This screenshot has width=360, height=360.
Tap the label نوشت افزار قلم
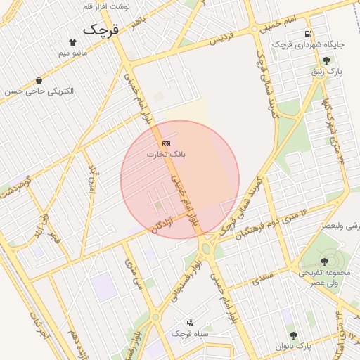pyautogui.click(x=106, y=6)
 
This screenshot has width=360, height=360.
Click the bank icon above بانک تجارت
pyautogui.click(x=166, y=143)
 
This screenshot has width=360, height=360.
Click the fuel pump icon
pyautogui.click(x=308, y=34)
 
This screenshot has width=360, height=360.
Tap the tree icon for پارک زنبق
pyautogui.click(x=326, y=61)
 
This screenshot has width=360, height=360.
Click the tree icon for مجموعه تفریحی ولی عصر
pyautogui.click(x=324, y=262)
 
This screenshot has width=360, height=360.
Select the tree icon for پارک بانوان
pyautogui.click(x=293, y=336)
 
